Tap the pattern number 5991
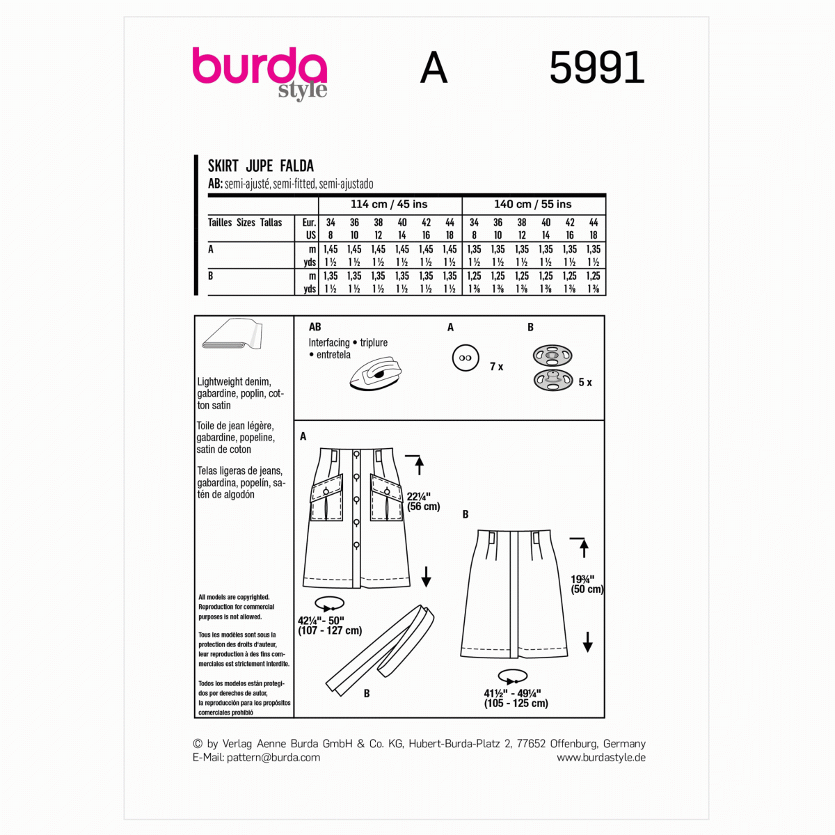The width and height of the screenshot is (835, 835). coord(597,68)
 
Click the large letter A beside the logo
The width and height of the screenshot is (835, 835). coord(434,68)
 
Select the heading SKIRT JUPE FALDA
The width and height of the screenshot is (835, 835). coord(261,166)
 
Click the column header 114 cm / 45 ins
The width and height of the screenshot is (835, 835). coord(389,204)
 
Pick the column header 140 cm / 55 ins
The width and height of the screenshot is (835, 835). coord(533,204)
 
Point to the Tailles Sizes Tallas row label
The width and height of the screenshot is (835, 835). coord(245,223)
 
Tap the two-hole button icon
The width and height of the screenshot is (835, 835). coord(466,358)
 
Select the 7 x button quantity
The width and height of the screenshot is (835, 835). coord(496,367)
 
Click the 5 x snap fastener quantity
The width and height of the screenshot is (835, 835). coord(585,382)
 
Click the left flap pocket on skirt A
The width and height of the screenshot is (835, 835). coord(326,496)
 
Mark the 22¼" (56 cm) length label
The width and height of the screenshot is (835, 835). coord(424,502)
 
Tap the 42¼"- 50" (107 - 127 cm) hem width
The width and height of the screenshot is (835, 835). coord(330,625)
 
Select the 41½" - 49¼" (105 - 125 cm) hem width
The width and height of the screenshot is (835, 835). coord(516,698)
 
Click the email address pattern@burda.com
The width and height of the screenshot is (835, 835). coord(273,758)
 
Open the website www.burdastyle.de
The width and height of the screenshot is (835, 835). coord(601,758)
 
